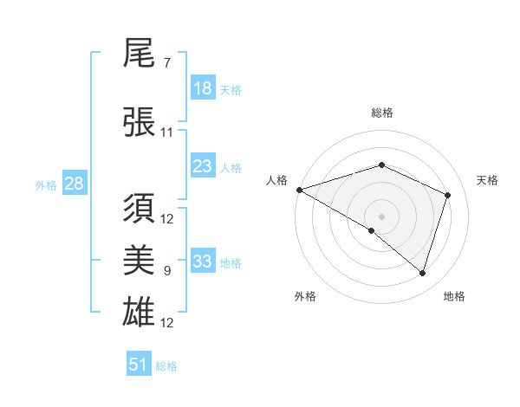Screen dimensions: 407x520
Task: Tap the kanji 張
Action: [x=140, y=121]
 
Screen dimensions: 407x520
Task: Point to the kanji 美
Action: [x=140, y=260]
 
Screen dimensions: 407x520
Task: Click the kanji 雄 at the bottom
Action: [x=140, y=311]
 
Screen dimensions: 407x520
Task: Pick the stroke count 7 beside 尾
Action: [x=166, y=63]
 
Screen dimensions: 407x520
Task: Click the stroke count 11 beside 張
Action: [x=166, y=132]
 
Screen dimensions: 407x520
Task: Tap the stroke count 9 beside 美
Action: [x=166, y=271]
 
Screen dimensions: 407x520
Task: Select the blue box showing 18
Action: [x=203, y=88]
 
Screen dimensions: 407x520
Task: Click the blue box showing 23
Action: [x=203, y=166]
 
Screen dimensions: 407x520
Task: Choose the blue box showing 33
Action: [x=203, y=262]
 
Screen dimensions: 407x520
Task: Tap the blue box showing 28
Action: [x=74, y=184]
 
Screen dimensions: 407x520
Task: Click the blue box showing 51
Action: [x=139, y=365]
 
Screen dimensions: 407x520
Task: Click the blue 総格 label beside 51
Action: [x=166, y=366]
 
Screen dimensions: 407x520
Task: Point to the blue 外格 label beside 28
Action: [x=46, y=184]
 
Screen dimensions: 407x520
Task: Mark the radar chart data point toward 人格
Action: [x=299, y=190]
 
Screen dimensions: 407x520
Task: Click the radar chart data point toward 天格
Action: [x=448, y=195]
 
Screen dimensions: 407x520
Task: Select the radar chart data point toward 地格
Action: [x=423, y=274]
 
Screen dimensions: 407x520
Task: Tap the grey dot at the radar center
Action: [x=381, y=216]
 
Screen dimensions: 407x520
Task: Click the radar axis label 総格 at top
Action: [x=381, y=113]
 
